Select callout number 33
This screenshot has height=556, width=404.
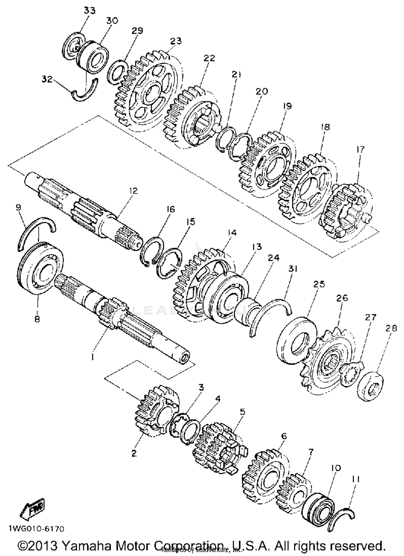89,11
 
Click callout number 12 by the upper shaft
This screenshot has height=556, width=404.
133,191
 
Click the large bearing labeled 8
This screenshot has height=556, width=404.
40,269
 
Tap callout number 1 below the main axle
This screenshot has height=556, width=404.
92,357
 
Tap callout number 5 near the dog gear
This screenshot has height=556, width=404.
242,412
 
